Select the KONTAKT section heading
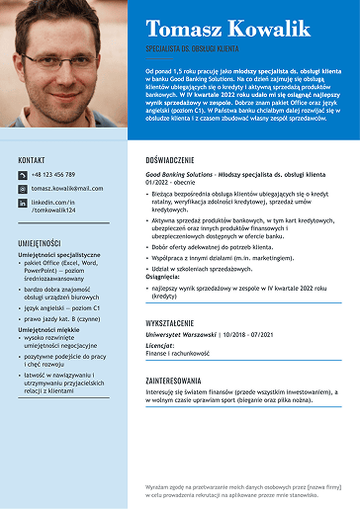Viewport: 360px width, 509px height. [32, 159]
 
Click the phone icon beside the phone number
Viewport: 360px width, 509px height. [22, 175]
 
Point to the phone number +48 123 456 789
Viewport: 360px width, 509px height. [52, 175]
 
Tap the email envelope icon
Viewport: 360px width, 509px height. [22, 189]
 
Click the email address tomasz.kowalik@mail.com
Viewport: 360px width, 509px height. [66, 188]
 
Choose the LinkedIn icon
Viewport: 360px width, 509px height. [22, 204]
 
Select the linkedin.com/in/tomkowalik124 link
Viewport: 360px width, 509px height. [53, 207]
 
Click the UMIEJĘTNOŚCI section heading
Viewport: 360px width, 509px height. [40, 243]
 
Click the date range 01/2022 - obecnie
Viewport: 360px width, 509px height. [169, 182]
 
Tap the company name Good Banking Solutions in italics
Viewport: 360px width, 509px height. [179, 174]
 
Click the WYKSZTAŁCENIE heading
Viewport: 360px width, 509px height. [176, 323]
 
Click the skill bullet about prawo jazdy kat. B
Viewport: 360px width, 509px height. [62, 318]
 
